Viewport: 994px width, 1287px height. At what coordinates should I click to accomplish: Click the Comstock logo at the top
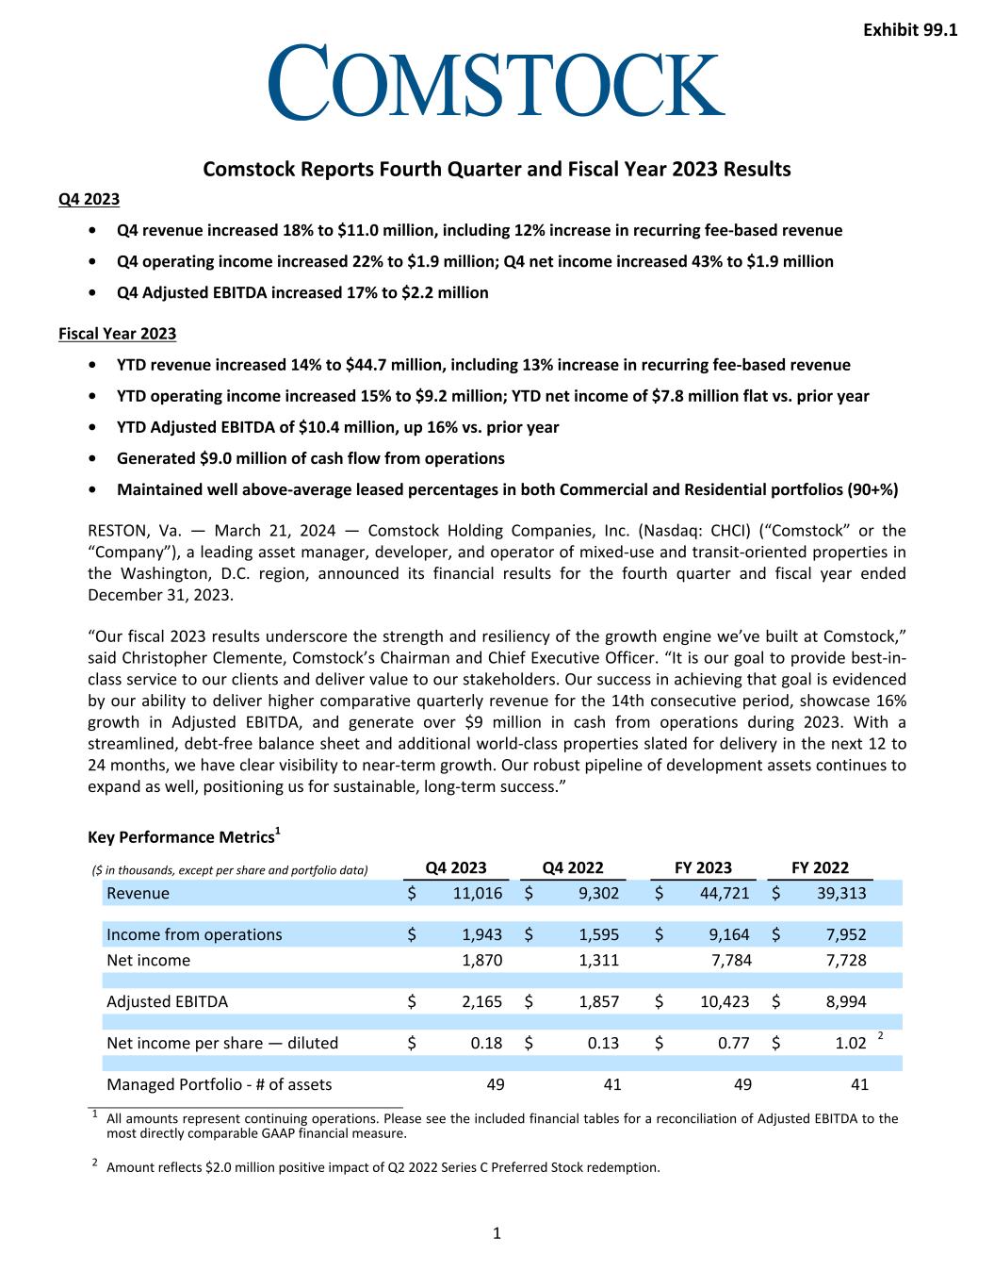coord(497,82)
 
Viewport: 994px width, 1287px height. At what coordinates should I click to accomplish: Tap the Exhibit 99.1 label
coord(909,30)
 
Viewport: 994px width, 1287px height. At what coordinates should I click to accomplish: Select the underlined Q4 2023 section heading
coord(89,199)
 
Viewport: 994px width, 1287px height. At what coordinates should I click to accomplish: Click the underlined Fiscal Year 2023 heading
coord(117,334)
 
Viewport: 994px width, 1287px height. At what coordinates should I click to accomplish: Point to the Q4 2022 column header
coord(573,867)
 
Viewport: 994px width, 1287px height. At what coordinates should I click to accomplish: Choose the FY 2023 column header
coord(703,867)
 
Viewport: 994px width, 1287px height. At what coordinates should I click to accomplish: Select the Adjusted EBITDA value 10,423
coord(725,1001)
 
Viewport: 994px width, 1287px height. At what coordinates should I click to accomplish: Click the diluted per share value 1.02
coord(851,1043)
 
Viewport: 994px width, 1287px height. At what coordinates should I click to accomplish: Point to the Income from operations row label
coord(194,934)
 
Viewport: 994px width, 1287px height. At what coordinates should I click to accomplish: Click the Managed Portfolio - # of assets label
coord(219,1084)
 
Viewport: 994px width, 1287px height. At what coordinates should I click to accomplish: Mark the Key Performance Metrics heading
coord(181,837)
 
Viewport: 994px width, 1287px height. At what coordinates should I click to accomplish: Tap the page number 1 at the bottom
coord(497,1233)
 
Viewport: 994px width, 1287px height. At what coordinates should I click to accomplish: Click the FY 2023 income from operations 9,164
coord(728,934)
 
